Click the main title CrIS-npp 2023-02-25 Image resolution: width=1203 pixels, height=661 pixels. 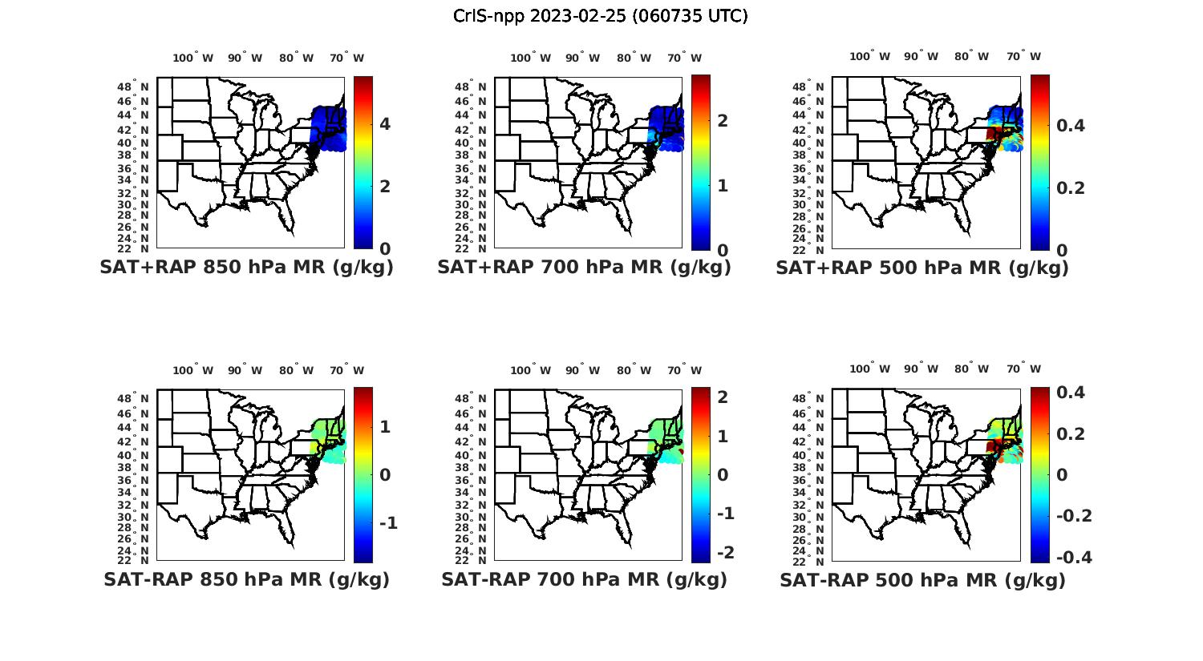coord(600,16)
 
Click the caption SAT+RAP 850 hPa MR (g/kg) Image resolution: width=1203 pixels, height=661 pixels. coord(246,268)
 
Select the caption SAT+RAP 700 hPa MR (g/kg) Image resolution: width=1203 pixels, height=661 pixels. coord(584,268)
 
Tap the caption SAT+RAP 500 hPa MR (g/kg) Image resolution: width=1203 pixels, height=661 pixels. coord(921,268)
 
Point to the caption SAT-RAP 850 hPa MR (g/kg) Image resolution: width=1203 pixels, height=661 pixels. coord(246,579)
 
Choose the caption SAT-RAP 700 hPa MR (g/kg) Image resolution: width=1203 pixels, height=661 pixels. coord(584,579)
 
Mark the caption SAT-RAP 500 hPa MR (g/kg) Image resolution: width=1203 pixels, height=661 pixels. coord(922,580)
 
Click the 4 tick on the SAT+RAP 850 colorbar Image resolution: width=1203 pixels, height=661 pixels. coord(385,123)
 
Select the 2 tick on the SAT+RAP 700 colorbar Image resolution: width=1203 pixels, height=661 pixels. coord(723,120)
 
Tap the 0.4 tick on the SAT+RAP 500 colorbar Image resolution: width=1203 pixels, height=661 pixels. coord(1071,125)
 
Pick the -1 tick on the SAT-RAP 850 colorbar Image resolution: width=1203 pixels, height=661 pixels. coord(387,523)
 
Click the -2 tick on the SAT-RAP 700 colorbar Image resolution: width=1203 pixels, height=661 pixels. coord(725,553)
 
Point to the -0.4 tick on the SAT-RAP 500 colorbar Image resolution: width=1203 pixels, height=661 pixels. coord(1074,557)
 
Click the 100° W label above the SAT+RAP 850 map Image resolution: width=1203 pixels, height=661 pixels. coord(192,58)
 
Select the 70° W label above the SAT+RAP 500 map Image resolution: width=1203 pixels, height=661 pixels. coord(1023,56)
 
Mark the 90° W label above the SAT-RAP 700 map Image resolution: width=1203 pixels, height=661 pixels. coord(582,370)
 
